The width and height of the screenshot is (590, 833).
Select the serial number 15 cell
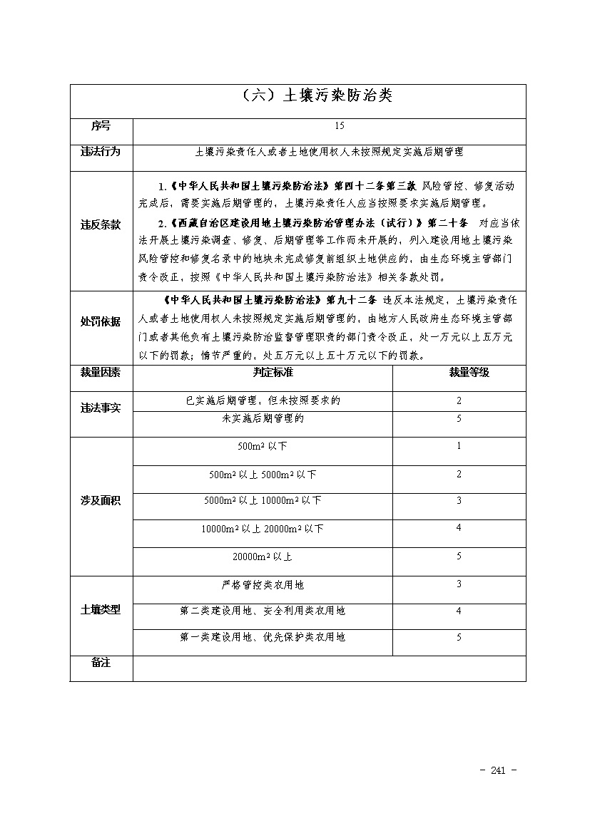click(x=339, y=126)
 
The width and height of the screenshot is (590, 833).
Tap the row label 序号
click(x=101, y=126)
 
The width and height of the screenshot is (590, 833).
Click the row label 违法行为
click(x=101, y=152)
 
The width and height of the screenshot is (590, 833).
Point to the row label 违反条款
click(x=101, y=225)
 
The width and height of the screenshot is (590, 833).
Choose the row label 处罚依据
click(x=101, y=321)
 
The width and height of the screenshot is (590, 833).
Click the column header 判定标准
click(x=263, y=373)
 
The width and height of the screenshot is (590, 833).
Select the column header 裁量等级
click(x=459, y=373)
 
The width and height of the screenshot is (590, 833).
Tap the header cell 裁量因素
click(x=101, y=373)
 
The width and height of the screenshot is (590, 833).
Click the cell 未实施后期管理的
click(x=263, y=419)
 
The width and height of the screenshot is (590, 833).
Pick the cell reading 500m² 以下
click(x=263, y=447)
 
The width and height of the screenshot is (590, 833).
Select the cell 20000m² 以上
click(x=263, y=556)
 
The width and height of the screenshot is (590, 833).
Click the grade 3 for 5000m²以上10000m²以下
click(x=459, y=501)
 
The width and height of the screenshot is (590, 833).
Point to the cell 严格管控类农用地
click(x=263, y=585)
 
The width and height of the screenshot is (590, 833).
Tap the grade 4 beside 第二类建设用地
click(x=459, y=611)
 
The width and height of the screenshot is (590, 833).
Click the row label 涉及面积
click(x=101, y=501)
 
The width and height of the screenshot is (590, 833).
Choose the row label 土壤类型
click(x=101, y=611)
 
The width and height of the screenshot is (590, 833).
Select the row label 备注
click(x=101, y=663)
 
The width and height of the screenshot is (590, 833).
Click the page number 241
click(x=499, y=770)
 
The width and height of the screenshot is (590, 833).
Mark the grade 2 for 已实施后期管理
click(x=459, y=401)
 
